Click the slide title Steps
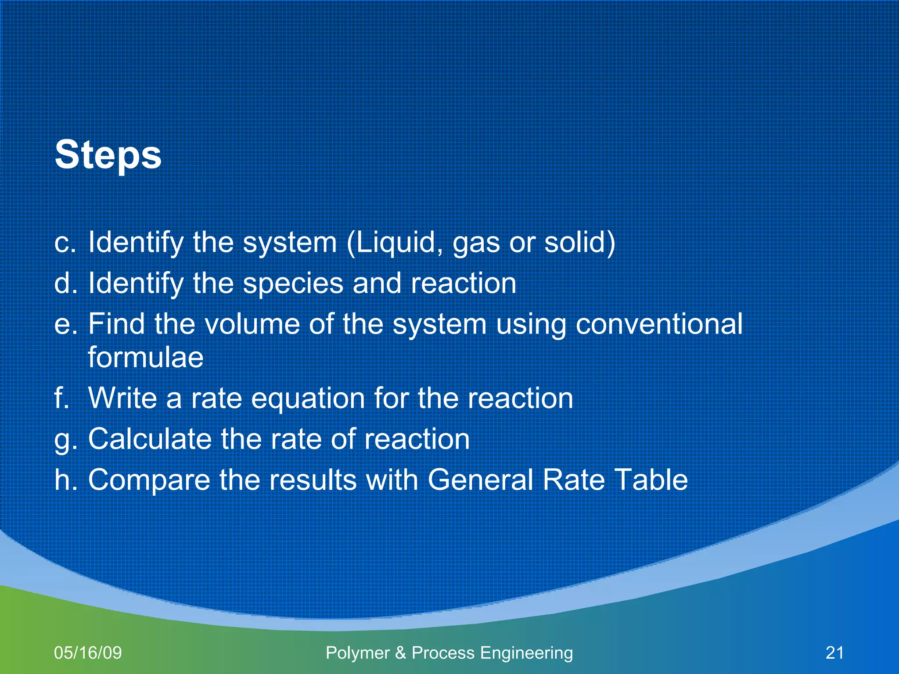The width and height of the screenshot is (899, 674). (x=108, y=154)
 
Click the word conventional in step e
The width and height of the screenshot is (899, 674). (x=659, y=324)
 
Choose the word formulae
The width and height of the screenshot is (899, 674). (x=145, y=357)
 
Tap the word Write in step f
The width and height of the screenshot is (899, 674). (x=122, y=398)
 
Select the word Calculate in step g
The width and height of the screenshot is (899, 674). (x=150, y=439)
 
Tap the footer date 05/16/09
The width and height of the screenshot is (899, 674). (x=88, y=652)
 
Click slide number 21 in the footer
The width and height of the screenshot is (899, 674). (x=834, y=652)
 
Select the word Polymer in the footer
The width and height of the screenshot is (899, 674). (x=357, y=653)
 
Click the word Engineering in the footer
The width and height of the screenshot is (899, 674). (x=526, y=653)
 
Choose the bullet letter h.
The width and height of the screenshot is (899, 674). (x=65, y=479)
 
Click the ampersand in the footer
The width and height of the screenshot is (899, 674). (x=400, y=653)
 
